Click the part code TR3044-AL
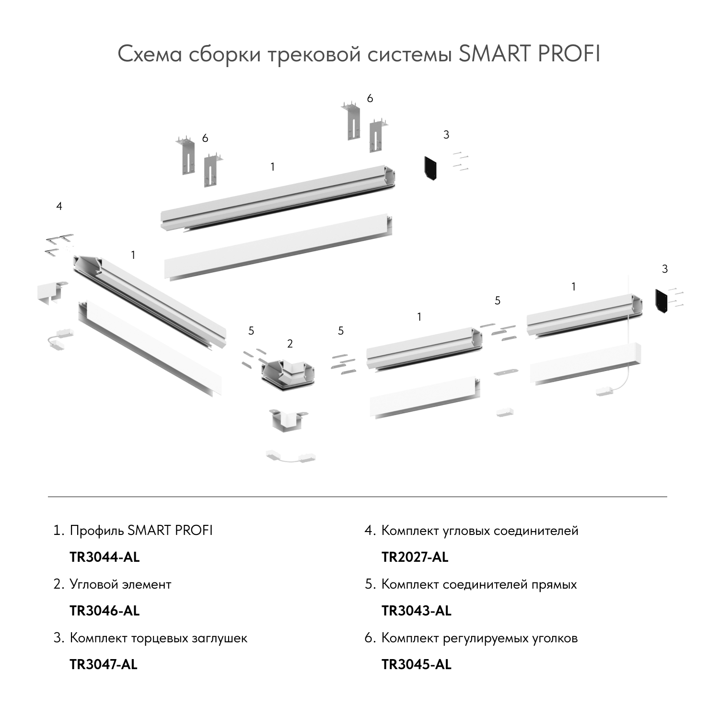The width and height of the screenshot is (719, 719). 104,557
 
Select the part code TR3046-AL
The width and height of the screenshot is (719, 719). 104,611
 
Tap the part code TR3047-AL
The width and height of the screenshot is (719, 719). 104,664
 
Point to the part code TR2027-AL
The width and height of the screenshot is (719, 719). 415,557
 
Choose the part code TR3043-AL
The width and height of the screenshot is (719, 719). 416,611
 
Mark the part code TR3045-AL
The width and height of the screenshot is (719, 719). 416,664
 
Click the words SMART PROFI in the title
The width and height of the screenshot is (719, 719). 529,54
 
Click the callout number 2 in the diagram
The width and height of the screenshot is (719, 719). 290,344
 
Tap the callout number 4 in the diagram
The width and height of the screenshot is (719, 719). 59,206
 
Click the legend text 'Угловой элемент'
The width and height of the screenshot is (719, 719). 120,584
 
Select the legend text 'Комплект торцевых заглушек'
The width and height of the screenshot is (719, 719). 158,638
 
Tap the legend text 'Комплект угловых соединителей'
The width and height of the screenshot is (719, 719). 480,531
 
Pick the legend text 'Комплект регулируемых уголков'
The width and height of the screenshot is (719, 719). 479,638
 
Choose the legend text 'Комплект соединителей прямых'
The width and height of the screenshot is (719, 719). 479,584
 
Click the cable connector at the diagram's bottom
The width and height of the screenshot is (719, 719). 291,456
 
